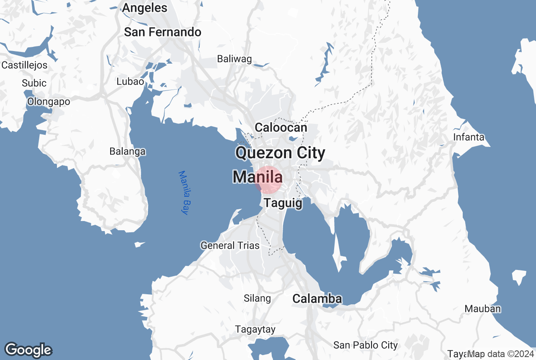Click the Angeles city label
coord(144,8)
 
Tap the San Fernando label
coord(163,32)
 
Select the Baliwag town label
coord(234,59)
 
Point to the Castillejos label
coord(24,65)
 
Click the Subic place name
coord(34,83)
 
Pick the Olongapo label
coord(49,102)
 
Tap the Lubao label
coord(130,82)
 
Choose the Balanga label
coord(127,152)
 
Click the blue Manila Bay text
coord(184,193)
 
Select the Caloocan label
coord(281,127)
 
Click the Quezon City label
coord(280,153)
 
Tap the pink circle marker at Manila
coord(268,180)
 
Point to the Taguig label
coord(283,203)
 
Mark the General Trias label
coord(230,246)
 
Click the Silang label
coord(257,298)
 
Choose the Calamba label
coord(317,299)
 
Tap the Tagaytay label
coord(255,329)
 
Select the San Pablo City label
coord(365,345)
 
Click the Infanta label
coord(469,137)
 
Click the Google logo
coord(28,350)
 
